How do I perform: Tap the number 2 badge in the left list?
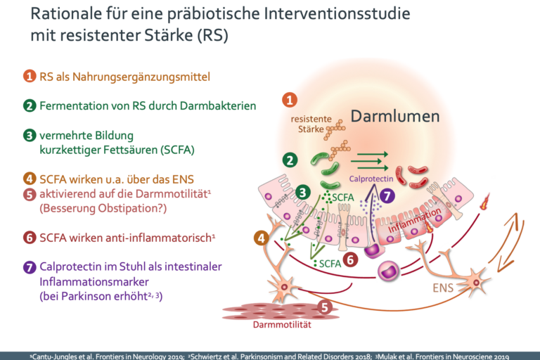pos(29,105)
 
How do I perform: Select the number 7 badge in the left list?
pos(29,266)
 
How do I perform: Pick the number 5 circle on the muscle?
pos(325,307)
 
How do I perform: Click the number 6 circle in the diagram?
pos(349,259)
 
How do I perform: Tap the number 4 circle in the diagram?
pos(262,238)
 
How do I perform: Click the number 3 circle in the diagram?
pos(303,191)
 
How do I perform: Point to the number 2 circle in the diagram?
pos(289,160)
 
